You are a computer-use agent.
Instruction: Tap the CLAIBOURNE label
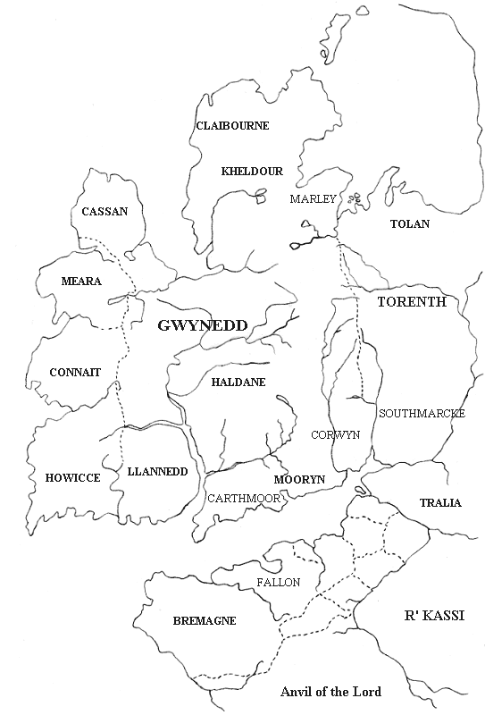tap(232, 126)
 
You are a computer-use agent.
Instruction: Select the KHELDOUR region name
tap(252, 171)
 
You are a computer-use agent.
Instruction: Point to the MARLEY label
tap(313, 198)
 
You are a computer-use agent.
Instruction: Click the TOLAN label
tap(410, 223)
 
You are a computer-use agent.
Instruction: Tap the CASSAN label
tap(105, 212)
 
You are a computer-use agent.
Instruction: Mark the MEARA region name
tap(81, 281)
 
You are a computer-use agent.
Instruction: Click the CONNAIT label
tap(75, 371)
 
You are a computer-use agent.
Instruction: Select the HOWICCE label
tap(72, 478)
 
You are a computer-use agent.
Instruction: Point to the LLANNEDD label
tap(158, 471)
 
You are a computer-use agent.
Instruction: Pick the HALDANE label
tap(238, 382)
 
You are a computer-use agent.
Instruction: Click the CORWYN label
tap(335, 434)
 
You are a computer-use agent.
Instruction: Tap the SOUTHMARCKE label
tap(417, 413)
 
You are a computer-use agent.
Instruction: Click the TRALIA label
tap(440, 503)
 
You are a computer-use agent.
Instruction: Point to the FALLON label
tap(278, 582)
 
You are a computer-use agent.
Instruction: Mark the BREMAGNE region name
tap(194, 618)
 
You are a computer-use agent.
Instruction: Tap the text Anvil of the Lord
tap(330, 692)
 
